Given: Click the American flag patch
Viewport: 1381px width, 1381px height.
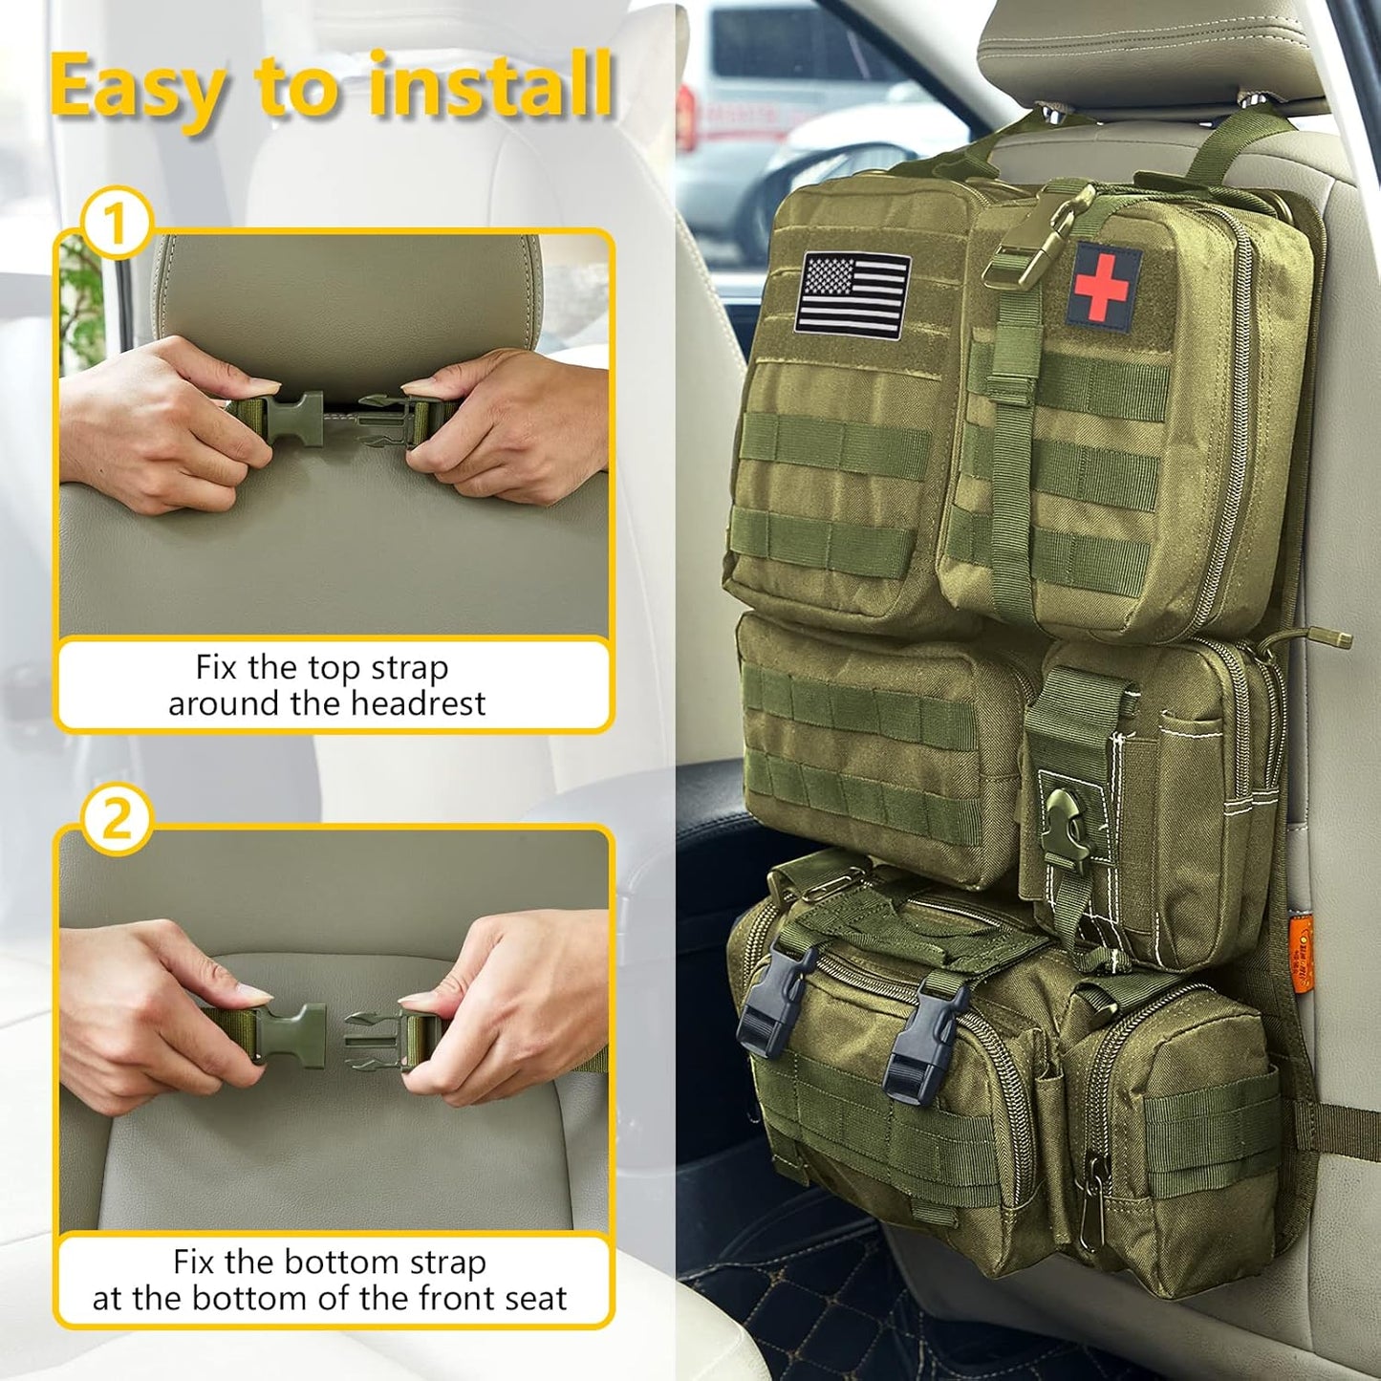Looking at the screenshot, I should pyautogui.click(x=852, y=294).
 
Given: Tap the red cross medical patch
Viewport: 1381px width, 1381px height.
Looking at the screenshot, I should pyautogui.click(x=1103, y=285).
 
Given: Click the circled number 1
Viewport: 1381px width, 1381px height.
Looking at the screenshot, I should pyautogui.click(x=115, y=225).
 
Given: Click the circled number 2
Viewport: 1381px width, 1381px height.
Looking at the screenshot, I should pyautogui.click(x=116, y=819).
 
